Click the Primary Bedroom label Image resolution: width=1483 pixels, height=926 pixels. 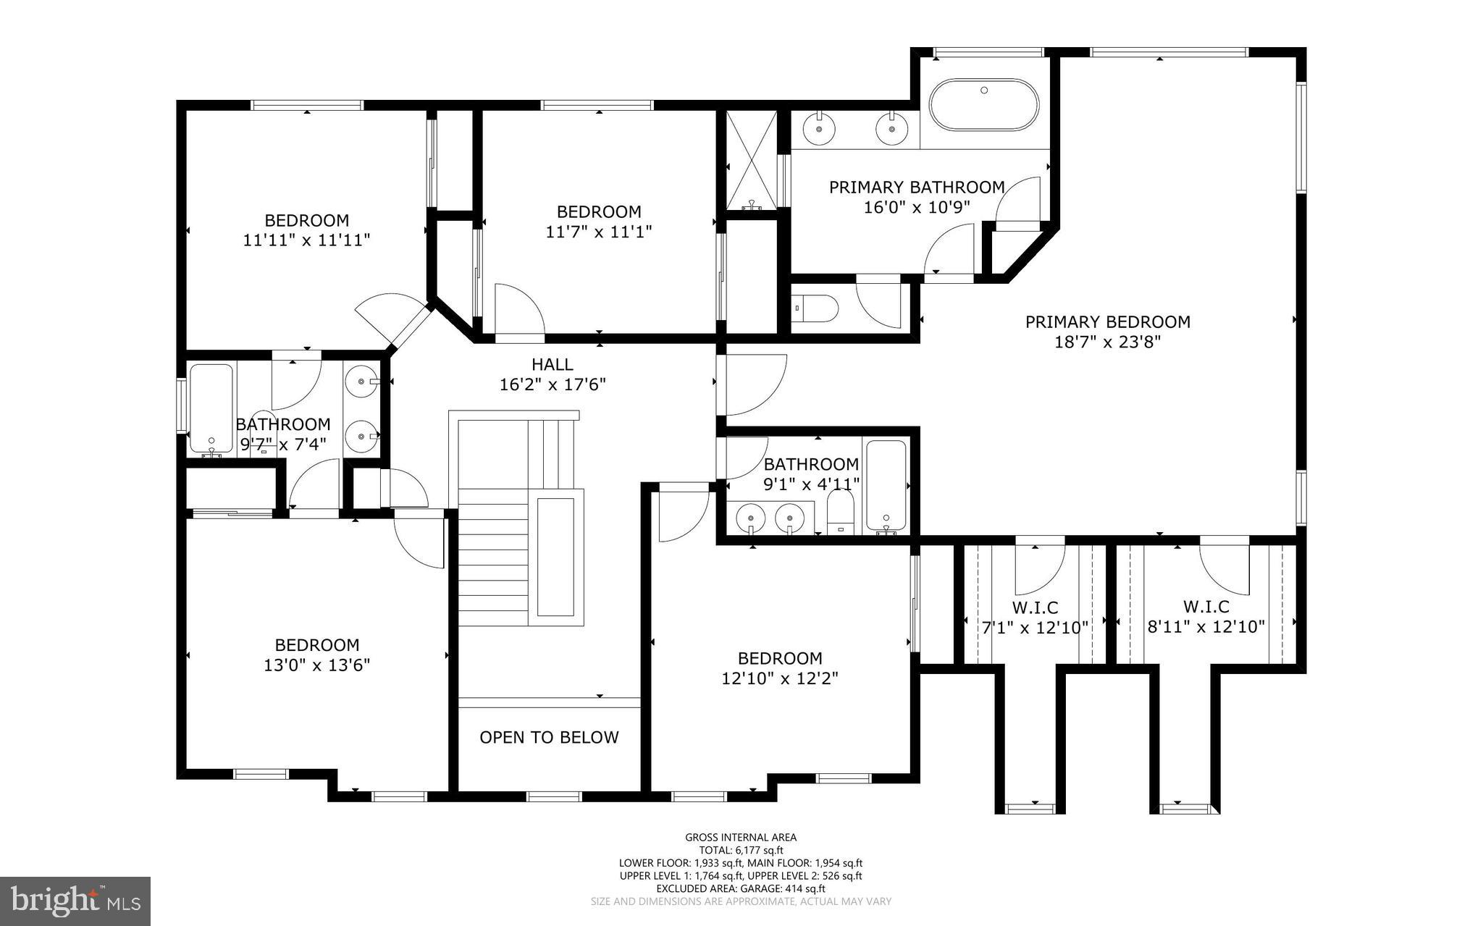click(1107, 321)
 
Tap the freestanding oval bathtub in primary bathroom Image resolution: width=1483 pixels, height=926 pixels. click(983, 106)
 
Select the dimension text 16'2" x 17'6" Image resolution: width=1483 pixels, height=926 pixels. click(553, 384)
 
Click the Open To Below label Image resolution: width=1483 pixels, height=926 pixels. click(549, 737)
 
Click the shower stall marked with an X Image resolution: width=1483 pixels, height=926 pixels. click(750, 159)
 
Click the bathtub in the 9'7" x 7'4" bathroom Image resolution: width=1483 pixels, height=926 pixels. click(211, 408)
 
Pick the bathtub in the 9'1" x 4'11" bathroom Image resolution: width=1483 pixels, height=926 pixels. click(886, 484)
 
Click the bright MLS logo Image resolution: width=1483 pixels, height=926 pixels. click(75, 901)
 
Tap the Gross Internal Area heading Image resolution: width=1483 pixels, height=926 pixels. click(741, 838)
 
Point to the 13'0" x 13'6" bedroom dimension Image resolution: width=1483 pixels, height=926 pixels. click(317, 665)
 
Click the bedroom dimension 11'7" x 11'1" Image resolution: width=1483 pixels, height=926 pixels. click(598, 232)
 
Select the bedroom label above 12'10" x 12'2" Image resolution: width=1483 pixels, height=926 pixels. click(780, 658)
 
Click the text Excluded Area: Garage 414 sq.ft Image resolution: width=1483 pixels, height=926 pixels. click(741, 888)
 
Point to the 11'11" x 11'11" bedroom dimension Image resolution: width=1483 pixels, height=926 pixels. click(306, 240)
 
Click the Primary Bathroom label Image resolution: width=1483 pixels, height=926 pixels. click(917, 188)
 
